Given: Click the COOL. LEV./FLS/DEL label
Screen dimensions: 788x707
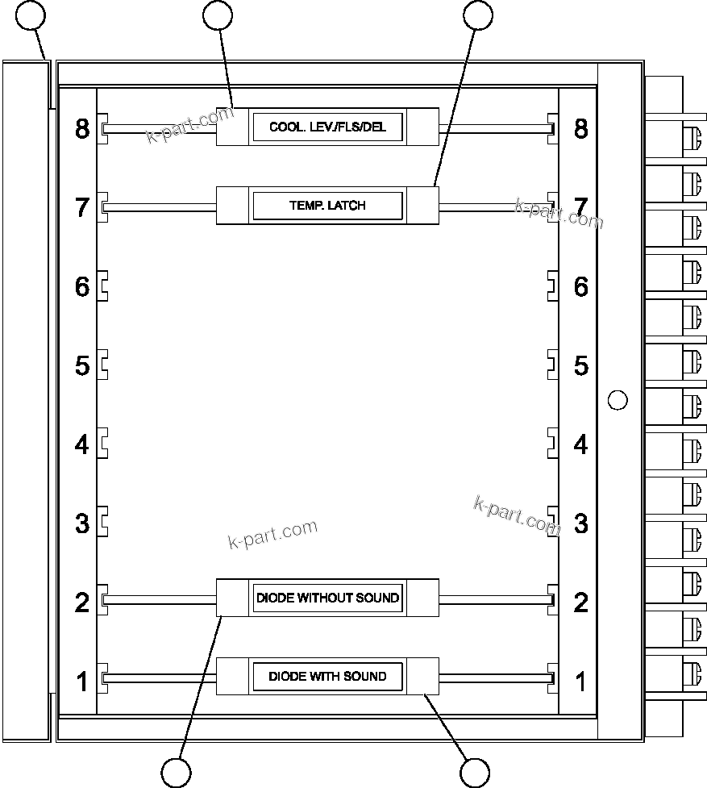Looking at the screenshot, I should tap(327, 127).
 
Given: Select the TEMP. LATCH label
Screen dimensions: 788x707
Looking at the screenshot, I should tap(327, 206).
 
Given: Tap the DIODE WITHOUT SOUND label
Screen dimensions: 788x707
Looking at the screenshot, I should tap(327, 598).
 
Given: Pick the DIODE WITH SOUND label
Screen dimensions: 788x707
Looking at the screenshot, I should tap(327, 676).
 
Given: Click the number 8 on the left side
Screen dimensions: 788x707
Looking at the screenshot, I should tap(82, 128).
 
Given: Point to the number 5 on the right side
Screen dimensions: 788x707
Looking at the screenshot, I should tap(580, 365).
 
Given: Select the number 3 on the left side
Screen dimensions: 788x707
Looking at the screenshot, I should tap(82, 523).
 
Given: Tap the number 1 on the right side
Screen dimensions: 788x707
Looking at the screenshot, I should tap(580, 682).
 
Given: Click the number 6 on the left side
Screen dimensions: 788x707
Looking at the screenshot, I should tap(82, 286).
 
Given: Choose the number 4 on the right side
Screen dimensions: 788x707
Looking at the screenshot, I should tap(580, 444).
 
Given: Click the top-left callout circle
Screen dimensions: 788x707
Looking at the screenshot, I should tap(31, 15).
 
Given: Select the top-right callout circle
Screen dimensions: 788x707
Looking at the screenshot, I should tap(478, 15).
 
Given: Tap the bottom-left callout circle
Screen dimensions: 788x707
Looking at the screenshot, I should tap(176, 773).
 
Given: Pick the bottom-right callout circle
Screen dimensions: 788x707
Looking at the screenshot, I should tap(475, 773).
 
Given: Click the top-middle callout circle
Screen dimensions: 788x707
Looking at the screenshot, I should tap(218, 15).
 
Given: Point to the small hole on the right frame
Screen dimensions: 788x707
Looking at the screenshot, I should tap(617, 399).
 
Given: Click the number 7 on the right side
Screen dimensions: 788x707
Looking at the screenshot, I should tap(580, 206).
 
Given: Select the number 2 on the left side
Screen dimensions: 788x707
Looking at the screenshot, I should tap(82, 602).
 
